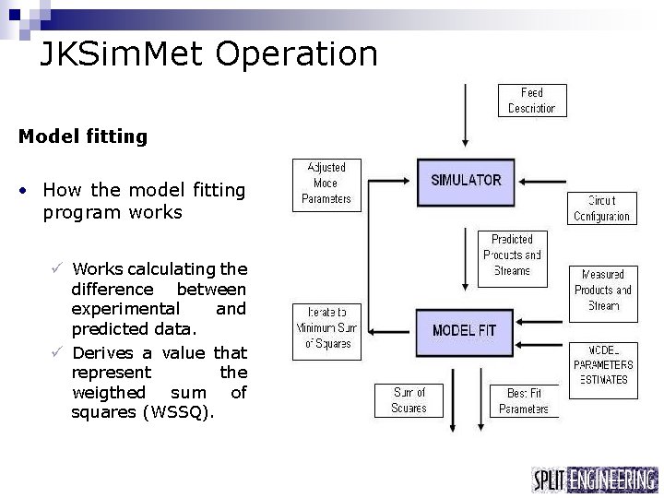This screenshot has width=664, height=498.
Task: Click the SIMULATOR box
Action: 466,181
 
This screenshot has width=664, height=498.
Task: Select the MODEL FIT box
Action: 466,331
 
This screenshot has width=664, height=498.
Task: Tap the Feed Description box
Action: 531,101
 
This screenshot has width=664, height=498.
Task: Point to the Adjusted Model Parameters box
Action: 326,183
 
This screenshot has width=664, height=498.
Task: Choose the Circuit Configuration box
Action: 601,207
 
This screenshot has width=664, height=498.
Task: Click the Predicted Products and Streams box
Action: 511,255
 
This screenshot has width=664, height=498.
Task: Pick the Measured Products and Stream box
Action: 602,290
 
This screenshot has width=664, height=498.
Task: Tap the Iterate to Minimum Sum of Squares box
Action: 327,329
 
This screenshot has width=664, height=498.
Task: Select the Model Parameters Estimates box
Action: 603,364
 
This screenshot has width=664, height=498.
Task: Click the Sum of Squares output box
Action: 409,400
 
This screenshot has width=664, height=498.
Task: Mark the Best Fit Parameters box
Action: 524,400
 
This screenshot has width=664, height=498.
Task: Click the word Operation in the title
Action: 297,53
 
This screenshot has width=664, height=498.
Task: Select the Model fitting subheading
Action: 82,136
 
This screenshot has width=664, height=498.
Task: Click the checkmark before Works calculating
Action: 57,268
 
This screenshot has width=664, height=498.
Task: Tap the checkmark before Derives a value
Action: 57,352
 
